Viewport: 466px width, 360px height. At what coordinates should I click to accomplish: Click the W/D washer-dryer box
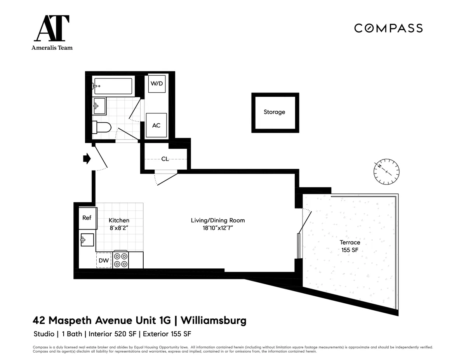click(156, 83)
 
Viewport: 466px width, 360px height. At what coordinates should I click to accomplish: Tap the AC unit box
click(156, 125)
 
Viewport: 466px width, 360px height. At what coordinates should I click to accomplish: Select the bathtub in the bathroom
click(113, 86)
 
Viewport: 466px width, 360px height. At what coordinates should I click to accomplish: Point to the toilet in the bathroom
click(102, 127)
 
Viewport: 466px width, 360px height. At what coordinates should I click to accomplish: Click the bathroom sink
click(99, 106)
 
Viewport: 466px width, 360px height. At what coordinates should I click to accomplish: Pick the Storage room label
click(275, 112)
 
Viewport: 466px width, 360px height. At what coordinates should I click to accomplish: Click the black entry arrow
click(87, 158)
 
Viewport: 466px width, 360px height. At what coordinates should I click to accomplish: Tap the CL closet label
click(165, 159)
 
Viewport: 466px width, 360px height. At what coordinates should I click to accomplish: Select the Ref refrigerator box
click(87, 218)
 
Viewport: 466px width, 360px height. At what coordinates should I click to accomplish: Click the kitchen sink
click(87, 240)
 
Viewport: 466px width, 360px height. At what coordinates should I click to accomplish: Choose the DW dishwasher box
click(104, 261)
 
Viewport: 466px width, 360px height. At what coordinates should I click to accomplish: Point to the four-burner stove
click(120, 260)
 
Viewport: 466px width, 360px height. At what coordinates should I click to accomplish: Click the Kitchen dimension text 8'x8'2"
click(119, 228)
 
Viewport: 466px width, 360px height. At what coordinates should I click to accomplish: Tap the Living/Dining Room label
click(217, 220)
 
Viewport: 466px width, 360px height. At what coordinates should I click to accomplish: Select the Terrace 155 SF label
click(350, 246)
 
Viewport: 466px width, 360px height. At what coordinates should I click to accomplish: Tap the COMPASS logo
click(388, 28)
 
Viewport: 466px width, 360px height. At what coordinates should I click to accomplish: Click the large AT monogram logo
click(52, 29)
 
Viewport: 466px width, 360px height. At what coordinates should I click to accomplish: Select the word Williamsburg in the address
click(214, 321)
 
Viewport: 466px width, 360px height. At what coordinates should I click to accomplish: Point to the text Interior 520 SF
click(114, 334)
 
